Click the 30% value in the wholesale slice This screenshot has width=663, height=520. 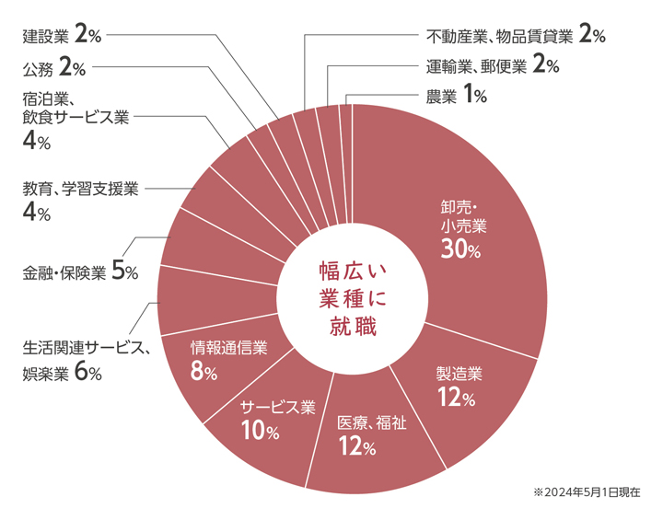pos(460,250)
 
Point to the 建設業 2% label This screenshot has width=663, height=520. pos(61,36)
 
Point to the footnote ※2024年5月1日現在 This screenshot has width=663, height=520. pos(587,493)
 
